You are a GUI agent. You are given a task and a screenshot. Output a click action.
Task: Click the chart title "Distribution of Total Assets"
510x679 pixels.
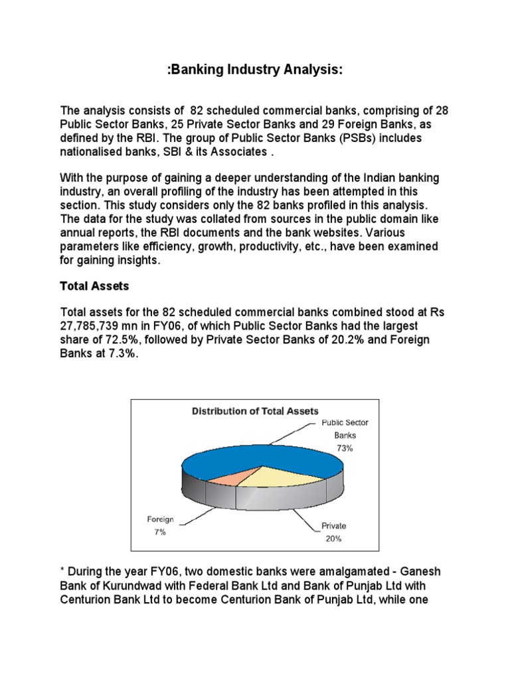point(255,411)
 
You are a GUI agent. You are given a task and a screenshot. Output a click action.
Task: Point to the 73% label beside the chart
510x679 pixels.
point(345,448)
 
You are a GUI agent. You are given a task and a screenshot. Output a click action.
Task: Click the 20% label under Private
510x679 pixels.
point(333,538)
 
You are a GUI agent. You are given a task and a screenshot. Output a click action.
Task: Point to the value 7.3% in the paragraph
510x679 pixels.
point(126,353)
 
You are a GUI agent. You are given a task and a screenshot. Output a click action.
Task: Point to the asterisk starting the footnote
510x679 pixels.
point(62,570)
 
